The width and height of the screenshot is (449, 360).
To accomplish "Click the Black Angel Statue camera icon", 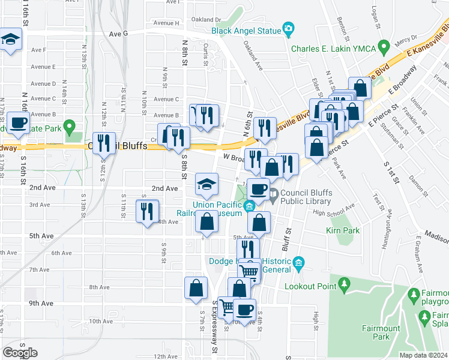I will pos(289,29).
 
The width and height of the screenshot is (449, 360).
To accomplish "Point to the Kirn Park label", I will pos(342,230).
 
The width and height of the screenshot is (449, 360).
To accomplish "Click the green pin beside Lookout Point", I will pos(344,283).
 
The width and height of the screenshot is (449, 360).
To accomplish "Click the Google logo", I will pos(20,353).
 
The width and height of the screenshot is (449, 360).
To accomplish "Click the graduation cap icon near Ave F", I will pos(10,40).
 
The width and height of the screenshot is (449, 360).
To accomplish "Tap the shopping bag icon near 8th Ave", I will pos(196,288).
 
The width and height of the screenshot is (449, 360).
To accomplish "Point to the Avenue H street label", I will pos(166,23).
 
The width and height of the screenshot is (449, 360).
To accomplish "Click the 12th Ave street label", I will pos(165,356).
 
